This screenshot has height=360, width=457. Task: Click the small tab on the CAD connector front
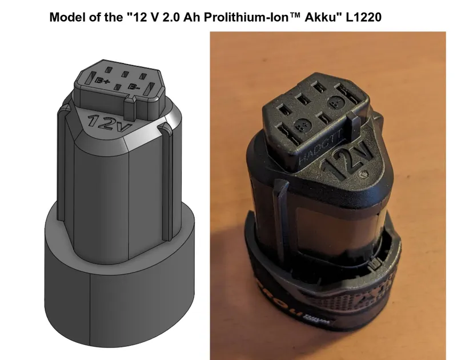click(x=130, y=105)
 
